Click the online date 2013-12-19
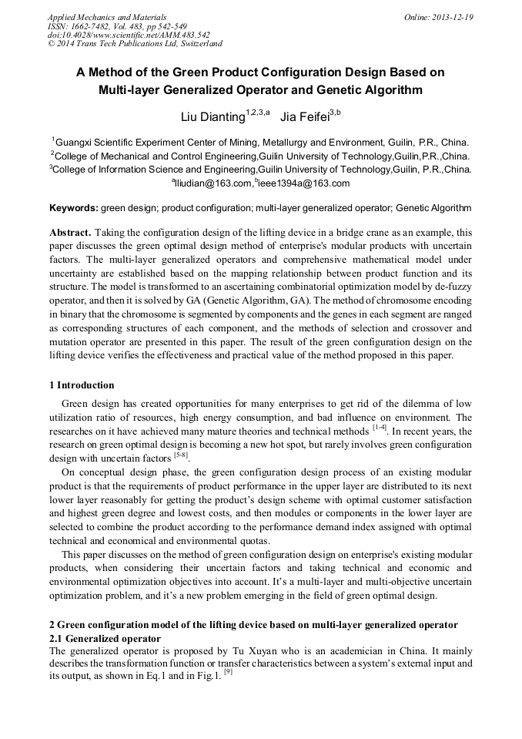pos(453,17)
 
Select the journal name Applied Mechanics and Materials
pos(106,17)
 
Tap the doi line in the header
pos(129,35)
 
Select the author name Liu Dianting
pos(212,116)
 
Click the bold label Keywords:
pos(73,208)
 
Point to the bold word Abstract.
pos(71,232)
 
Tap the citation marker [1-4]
pos(380,428)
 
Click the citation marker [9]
pos(228,672)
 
